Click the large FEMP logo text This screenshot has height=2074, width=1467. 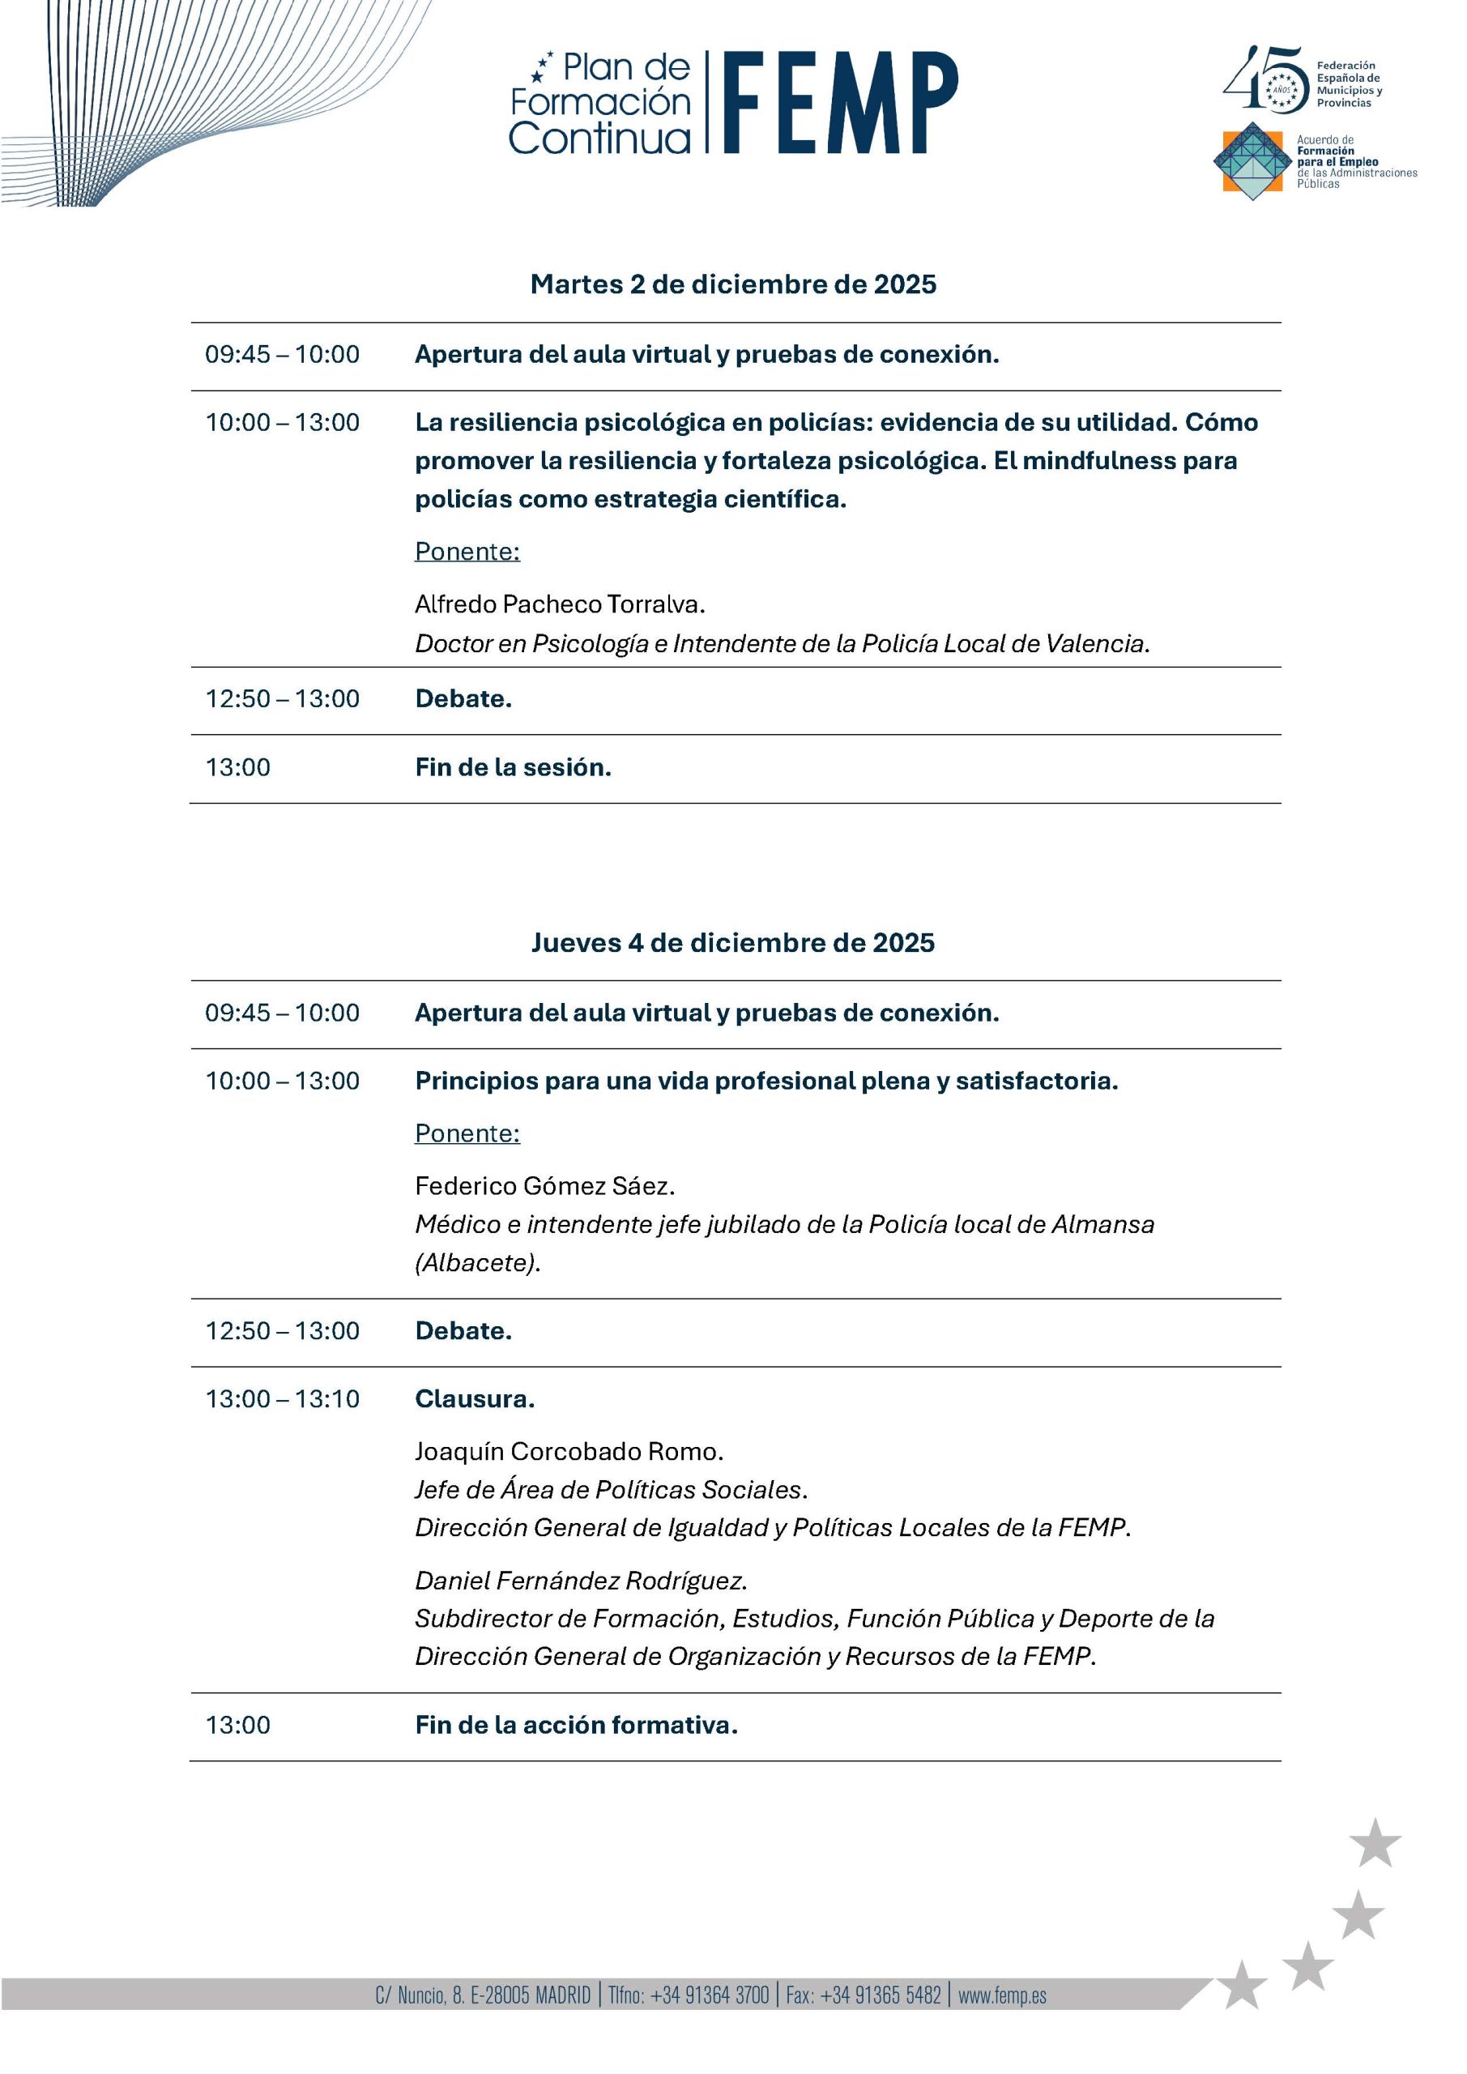[839, 102]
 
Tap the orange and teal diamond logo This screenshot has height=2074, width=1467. [1251, 160]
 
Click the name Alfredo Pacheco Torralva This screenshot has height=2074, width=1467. [559, 604]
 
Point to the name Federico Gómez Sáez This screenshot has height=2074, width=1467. [544, 1185]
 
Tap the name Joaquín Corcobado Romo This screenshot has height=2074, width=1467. [569, 1451]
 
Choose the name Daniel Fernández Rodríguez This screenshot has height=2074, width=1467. [581, 1580]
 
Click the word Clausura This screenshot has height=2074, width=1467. [474, 1398]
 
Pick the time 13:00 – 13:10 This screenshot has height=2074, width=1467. [282, 1398]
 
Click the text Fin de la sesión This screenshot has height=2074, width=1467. [513, 767]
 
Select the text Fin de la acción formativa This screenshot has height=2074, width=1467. [576, 1725]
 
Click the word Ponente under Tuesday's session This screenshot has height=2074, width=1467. [467, 551]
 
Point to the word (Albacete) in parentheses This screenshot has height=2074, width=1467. [477, 1262]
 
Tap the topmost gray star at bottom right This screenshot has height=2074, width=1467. [1375, 1844]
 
